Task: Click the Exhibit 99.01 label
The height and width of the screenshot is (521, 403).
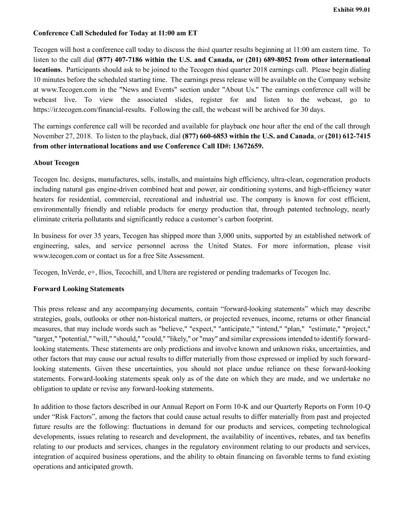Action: point(352,9)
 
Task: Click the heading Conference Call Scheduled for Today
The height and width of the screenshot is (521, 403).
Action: point(115,33)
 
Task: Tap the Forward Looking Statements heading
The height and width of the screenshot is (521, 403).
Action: point(78,288)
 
